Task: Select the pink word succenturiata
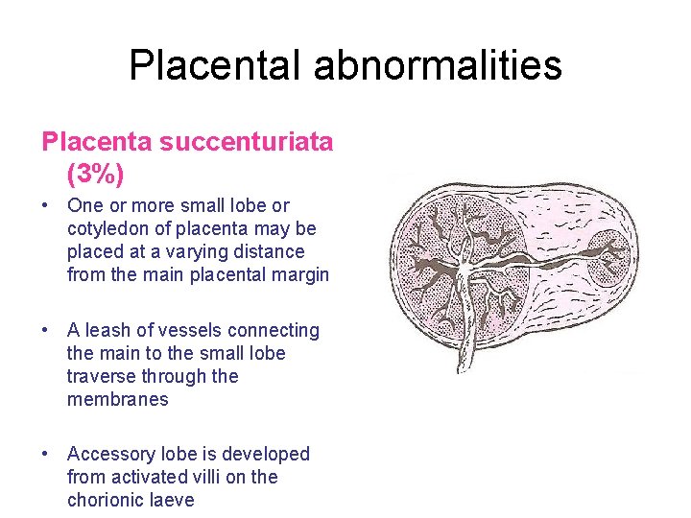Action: coord(246,142)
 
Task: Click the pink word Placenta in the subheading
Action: coord(97,142)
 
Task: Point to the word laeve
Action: coord(174,500)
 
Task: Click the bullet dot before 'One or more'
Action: coord(47,206)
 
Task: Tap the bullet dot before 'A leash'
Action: coord(47,331)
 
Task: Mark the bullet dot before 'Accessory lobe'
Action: coord(47,454)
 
